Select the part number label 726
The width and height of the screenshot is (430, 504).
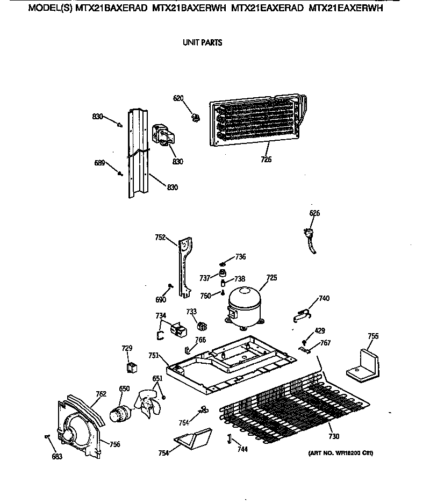[x=267, y=159]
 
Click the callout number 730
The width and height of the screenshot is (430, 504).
[x=334, y=436]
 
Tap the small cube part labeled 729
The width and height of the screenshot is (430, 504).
[x=131, y=368]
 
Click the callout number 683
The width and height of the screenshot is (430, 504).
[x=57, y=457]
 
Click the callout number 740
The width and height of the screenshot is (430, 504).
[x=324, y=298]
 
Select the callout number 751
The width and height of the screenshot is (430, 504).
[x=153, y=355]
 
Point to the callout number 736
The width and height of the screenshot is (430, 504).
[x=240, y=257]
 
